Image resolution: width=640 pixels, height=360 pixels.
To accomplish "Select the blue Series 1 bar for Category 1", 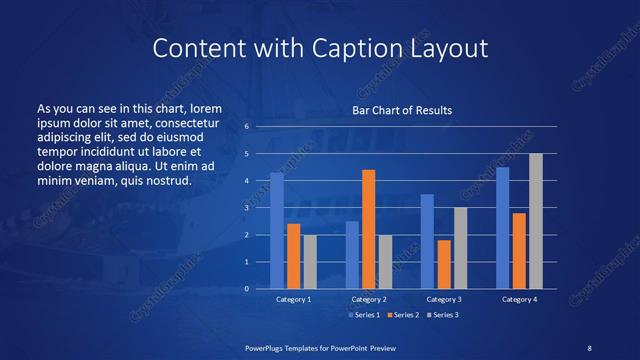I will click(277, 231).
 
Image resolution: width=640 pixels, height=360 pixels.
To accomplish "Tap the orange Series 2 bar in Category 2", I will click(369, 229).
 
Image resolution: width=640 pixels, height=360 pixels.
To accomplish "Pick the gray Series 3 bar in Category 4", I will click(536, 221).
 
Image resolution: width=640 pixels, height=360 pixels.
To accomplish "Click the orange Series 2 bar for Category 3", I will click(444, 264).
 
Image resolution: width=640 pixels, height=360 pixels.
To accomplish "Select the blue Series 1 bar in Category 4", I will click(503, 228).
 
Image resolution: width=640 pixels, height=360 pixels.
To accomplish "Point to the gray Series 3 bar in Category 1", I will click(310, 262).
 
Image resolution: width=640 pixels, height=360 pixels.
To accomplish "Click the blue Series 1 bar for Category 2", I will click(352, 255).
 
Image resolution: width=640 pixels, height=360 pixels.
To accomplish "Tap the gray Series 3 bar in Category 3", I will click(460, 248).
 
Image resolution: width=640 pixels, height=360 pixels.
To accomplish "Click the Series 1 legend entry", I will click(363, 315).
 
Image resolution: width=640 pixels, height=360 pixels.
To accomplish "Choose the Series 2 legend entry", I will click(403, 315).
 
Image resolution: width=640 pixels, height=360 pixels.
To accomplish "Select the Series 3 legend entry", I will click(443, 315).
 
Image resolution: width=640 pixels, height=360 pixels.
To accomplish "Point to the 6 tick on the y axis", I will click(247, 127).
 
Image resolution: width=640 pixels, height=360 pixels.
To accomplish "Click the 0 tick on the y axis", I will click(247, 289).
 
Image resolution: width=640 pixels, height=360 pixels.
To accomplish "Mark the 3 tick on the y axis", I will click(247, 208).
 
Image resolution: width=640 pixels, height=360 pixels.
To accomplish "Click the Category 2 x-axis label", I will click(368, 299).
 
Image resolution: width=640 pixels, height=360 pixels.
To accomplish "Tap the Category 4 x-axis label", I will click(519, 299).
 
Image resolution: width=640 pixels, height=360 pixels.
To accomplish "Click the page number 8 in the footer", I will click(589, 347).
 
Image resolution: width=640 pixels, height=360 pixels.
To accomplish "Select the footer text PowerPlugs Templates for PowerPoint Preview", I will click(320, 347).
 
